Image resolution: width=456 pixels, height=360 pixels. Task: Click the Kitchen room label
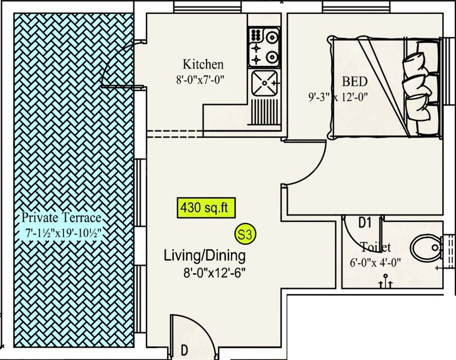pyautogui.click(x=202, y=64)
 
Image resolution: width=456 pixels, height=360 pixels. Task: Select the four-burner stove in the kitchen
pyautogui.click(x=264, y=47)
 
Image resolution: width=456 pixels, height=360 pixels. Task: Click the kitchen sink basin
pyautogui.click(x=265, y=83)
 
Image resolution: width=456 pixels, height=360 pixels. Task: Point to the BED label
pyautogui.click(x=354, y=82)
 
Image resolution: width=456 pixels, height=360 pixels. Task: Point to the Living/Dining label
pyautogui.click(x=204, y=256)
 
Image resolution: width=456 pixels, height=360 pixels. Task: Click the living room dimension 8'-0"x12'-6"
pyautogui.click(x=215, y=272)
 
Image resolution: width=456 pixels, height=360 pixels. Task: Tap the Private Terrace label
pyautogui.click(x=61, y=218)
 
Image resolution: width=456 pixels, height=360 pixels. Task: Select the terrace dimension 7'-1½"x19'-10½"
pyautogui.click(x=64, y=232)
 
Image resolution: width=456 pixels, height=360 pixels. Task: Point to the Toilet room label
pyautogui.click(x=375, y=247)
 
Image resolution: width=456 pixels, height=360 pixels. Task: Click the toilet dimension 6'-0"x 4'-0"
pyautogui.click(x=375, y=262)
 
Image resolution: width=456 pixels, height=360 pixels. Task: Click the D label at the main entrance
pyautogui.click(x=185, y=350)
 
